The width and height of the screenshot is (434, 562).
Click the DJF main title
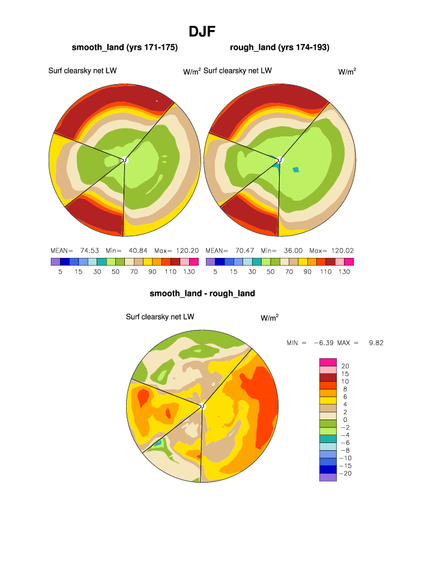point(202,31)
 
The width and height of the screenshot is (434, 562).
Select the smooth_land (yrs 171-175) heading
point(124,47)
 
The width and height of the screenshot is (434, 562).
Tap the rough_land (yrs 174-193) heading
point(279,47)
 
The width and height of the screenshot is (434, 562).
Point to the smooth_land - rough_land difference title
point(202,293)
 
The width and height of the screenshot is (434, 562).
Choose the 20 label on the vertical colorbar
point(345,366)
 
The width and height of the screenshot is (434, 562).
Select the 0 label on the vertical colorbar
point(344,420)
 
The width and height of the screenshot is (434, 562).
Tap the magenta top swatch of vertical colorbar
point(328,362)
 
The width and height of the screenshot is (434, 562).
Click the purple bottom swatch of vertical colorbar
point(328,477)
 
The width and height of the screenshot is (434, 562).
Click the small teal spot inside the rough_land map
point(295,170)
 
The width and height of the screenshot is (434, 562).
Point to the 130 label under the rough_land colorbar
point(344,272)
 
